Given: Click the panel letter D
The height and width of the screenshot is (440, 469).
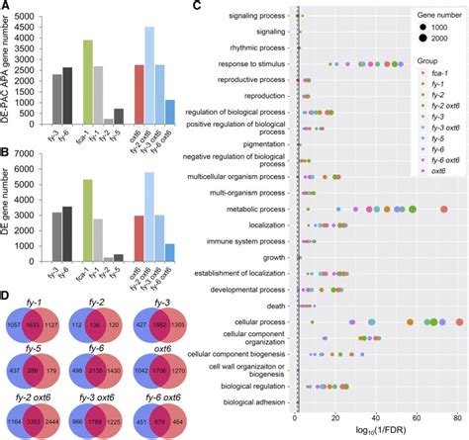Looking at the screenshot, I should tap(8, 294).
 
